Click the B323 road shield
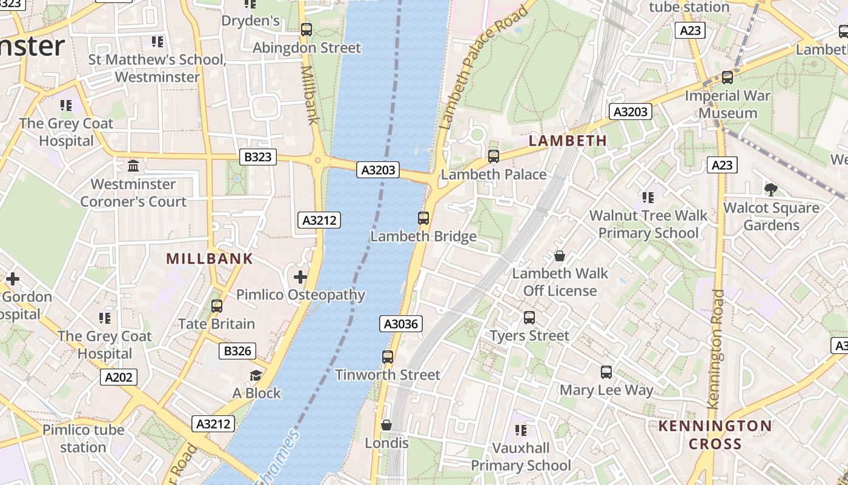(x=259, y=158)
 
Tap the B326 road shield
(x=237, y=350)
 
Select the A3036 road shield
(x=402, y=324)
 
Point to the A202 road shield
(x=119, y=377)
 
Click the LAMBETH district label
(x=568, y=141)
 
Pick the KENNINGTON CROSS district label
(x=715, y=435)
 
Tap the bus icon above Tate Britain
(x=217, y=306)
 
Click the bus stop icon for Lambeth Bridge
(x=423, y=218)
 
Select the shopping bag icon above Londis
(x=386, y=425)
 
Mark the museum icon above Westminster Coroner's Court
(x=133, y=166)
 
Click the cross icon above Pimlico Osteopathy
(x=300, y=278)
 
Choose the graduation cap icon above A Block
(x=256, y=375)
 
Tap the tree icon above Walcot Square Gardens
(x=771, y=190)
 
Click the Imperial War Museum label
(x=727, y=104)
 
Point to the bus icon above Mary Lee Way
(x=606, y=372)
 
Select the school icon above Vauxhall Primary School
(x=521, y=430)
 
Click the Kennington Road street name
(x=716, y=349)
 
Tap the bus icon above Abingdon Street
(x=306, y=30)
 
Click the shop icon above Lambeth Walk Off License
(x=560, y=256)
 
